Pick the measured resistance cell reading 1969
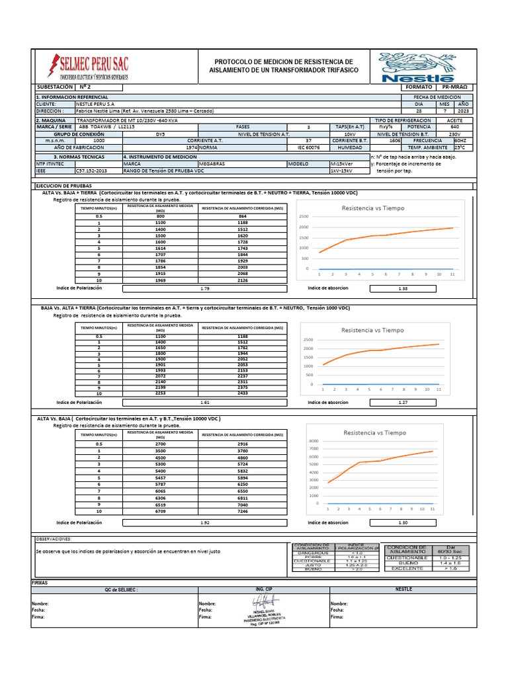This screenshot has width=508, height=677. pos(160,280)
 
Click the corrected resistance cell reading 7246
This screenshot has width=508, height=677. pos(242,512)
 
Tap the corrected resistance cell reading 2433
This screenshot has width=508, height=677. pos(242,393)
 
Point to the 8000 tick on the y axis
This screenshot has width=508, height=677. pos(314,441)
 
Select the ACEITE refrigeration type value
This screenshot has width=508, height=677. pos(454,121)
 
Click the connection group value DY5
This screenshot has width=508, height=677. pos(160,134)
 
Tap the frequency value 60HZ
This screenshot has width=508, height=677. pos(460,140)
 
